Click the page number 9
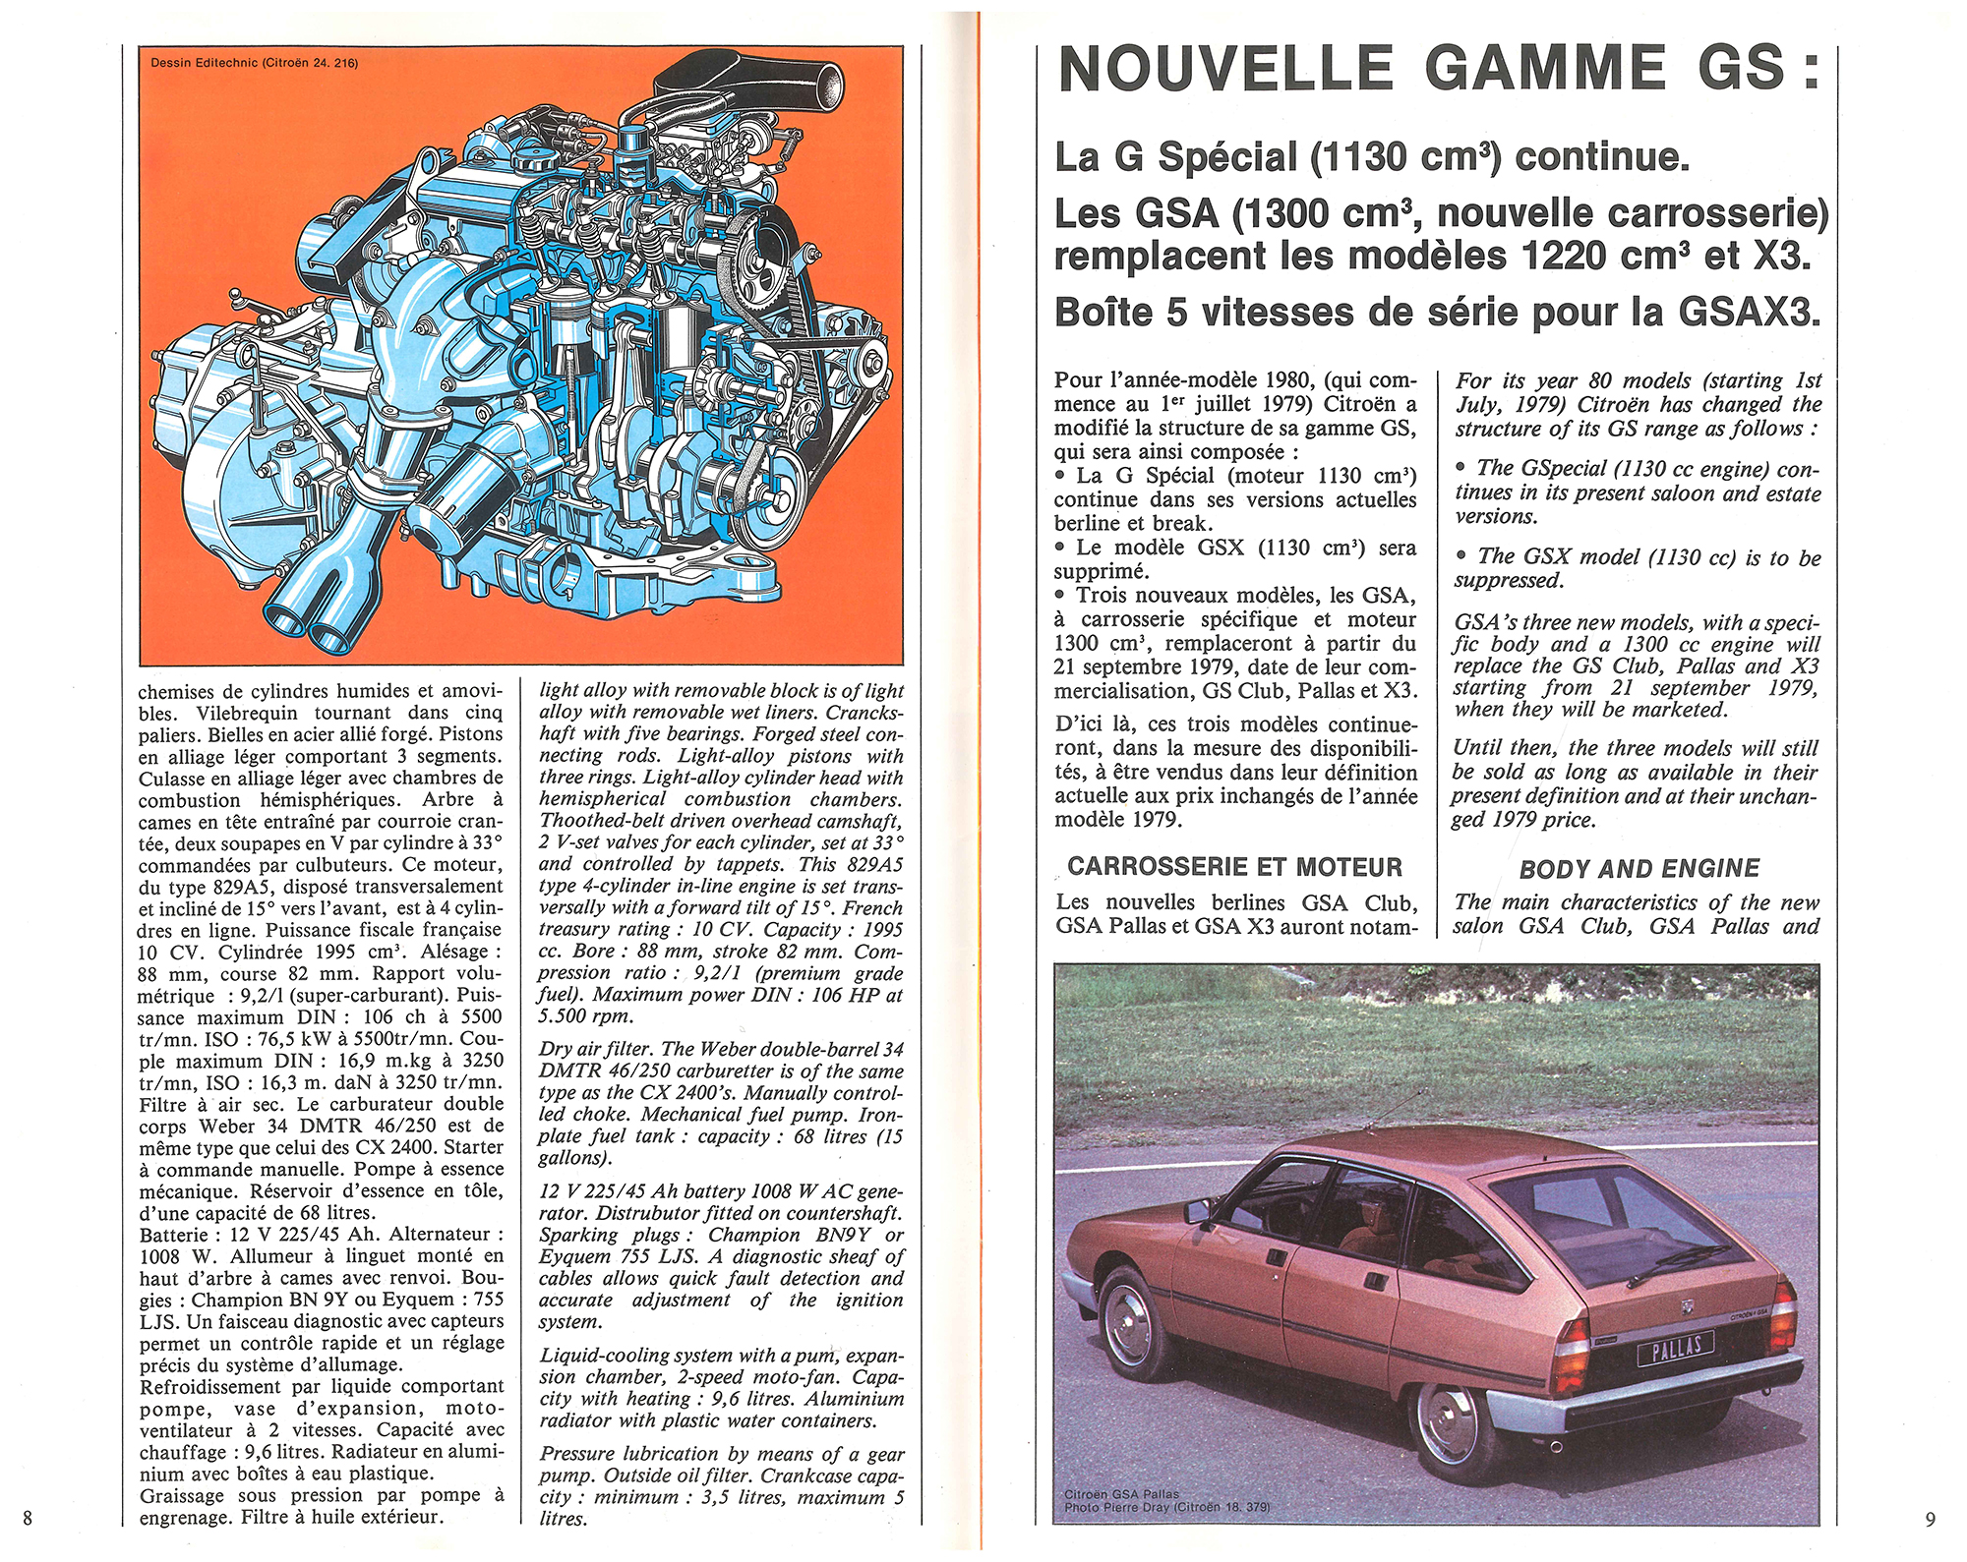click(x=1931, y=1520)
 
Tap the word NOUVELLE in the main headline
click(x=1224, y=70)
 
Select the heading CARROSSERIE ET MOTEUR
click(x=1234, y=866)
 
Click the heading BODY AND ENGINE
click(x=1639, y=869)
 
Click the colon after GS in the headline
click(x=1812, y=70)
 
